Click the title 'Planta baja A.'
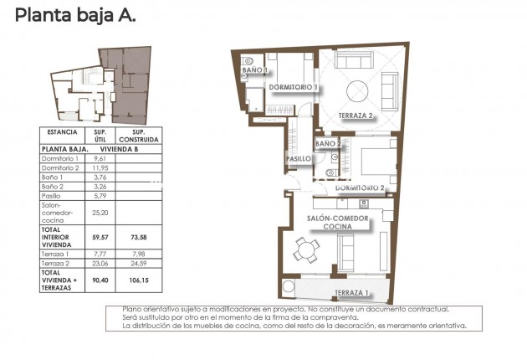point(74,14)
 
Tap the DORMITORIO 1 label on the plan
point(293,87)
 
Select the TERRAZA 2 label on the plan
point(356,116)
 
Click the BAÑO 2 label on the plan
point(329,144)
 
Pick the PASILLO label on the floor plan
point(299,158)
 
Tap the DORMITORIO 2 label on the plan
point(360,188)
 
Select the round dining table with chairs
point(307,249)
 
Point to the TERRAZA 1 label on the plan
point(350,292)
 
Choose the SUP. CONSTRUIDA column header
point(139,136)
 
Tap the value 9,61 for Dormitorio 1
point(100,158)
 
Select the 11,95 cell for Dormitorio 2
point(100,167)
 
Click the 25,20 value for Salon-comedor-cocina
point(100,213)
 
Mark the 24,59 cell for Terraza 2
point(139,262)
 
